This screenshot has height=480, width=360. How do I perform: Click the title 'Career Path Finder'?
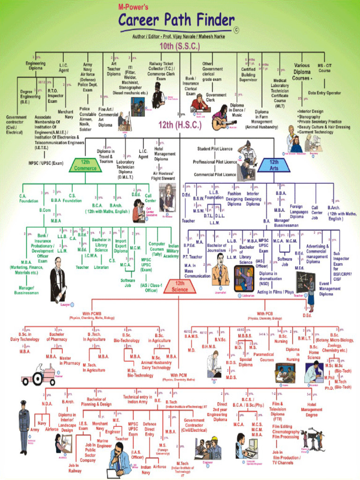[x=176, y=21]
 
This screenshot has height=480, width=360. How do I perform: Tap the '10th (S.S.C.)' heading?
[x=180, y=46]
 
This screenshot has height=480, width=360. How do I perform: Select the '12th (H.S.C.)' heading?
[x=180, y=126]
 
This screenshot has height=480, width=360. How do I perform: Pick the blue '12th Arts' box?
[x=274, y=165]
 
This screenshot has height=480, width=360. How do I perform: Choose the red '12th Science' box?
[x=180, y=286]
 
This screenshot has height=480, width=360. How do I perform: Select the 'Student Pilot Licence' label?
[x=215, y=149]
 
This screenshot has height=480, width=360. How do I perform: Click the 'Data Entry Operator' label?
[x=324, y=93]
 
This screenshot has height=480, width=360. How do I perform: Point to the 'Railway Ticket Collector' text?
[x=161, y=68]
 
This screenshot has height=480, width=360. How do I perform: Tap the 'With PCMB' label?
[x=92, y=314]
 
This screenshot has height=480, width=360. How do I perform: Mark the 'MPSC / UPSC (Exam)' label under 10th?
[x=46, y=163]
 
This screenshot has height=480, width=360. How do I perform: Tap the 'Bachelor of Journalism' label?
[x=217, y=248]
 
